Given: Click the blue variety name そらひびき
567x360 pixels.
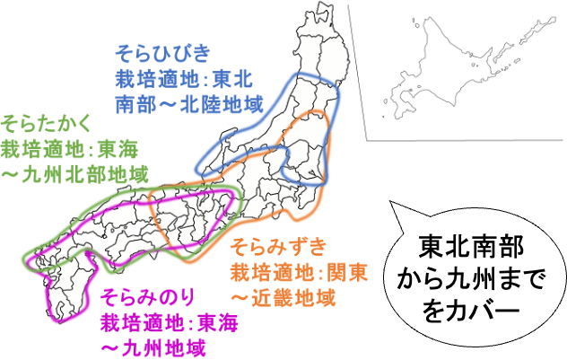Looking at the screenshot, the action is [x=161, y=50].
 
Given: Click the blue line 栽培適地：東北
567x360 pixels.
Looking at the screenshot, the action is [x=185, y=77].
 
